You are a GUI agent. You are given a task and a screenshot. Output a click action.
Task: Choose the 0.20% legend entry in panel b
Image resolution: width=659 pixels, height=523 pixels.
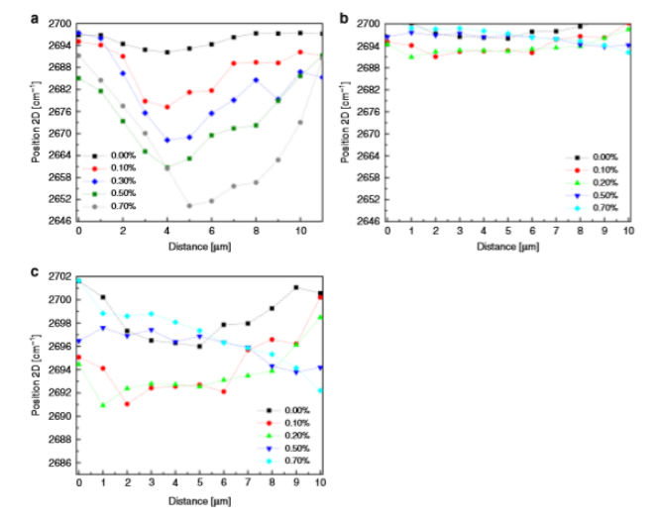click(603, 182)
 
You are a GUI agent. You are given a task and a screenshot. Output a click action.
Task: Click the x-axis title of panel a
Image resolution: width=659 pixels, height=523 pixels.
click(201, 245)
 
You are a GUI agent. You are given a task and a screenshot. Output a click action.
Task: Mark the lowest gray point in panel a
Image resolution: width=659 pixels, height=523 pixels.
click(189, 206)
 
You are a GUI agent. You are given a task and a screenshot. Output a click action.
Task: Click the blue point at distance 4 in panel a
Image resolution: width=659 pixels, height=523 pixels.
click(166, 140)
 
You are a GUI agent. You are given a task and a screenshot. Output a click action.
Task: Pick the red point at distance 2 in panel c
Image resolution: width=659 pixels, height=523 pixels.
click(127, 404)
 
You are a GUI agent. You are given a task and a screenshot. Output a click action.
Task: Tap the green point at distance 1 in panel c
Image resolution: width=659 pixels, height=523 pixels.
click(103, 404)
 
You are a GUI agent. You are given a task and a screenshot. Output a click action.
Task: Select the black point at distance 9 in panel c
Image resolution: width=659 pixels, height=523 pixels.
click(296, 287)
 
